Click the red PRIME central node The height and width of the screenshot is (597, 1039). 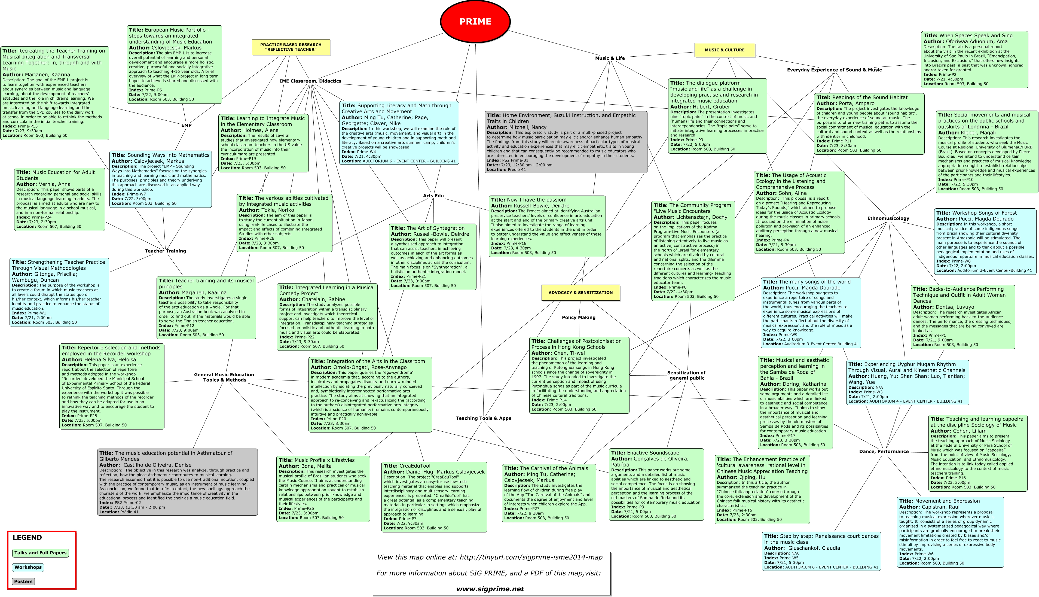tap(475, 21)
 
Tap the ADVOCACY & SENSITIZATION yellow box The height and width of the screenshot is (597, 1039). tap(580, 292)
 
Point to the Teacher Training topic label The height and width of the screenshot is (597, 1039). tap(165, 251)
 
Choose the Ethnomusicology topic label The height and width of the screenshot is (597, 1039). tap(888, 218)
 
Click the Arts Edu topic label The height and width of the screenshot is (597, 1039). tap(433, 196)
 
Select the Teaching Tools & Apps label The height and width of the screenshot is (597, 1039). tap(483, 418)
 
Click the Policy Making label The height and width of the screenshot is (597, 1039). tap(578, 317)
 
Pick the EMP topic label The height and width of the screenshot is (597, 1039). tap(187, 125)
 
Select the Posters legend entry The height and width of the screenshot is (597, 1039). tap(23, 581)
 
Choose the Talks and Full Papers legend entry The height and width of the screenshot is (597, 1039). tap(40, 553)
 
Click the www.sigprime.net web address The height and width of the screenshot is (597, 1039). tap(490, 589)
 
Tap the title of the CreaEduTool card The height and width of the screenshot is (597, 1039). tap(414, 466)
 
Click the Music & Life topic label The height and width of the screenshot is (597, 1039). tap(610, 58)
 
